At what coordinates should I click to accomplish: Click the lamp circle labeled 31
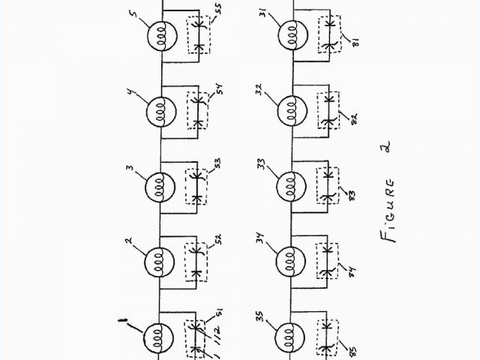point(290,37)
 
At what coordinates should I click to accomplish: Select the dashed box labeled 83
point(328,185)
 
